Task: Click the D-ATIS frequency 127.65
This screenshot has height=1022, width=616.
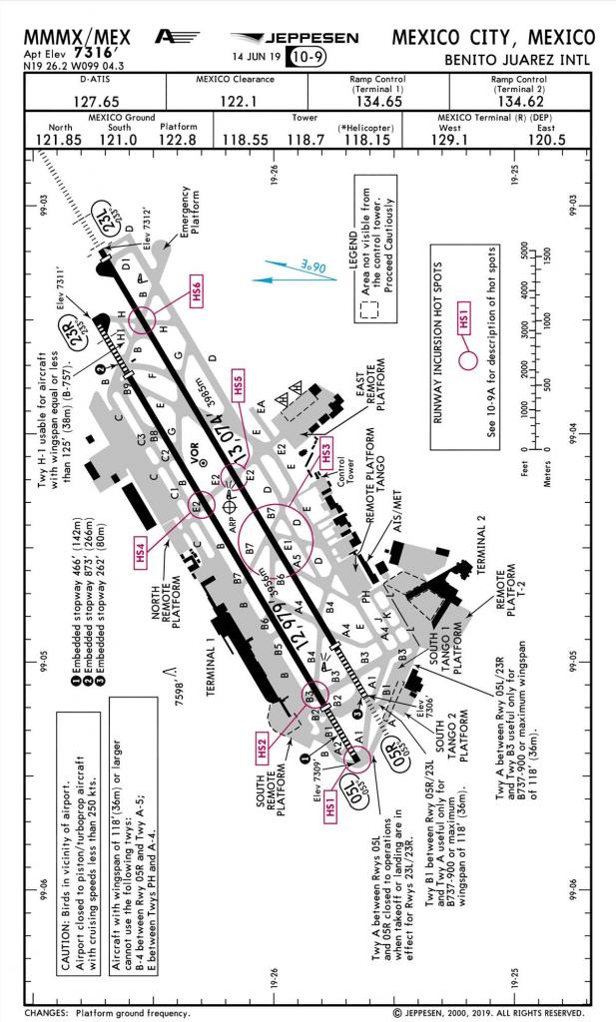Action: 98,101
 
